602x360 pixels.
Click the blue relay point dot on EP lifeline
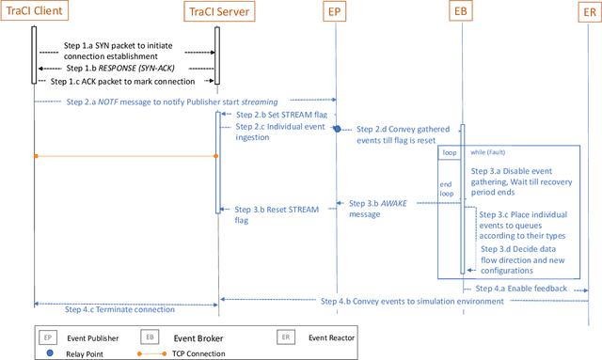pos(336,129)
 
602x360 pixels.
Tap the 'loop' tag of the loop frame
pos(450,150)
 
